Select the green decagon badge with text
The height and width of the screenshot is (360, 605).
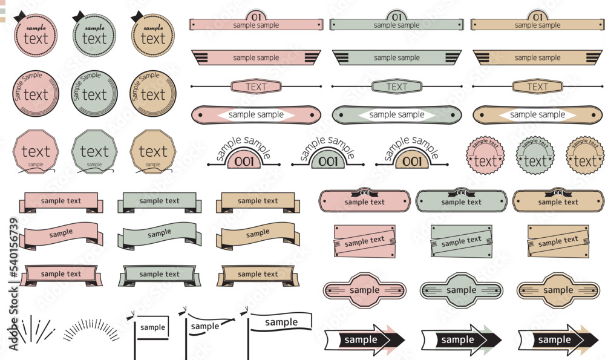(x=94, y=152)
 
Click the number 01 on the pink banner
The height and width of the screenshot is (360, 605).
(x=256, y=16)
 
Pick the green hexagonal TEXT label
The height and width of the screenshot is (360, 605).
(x=397, y=87)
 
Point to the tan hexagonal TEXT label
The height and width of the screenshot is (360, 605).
(x=537, y=87)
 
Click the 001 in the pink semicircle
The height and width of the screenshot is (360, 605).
(x=244, y=161)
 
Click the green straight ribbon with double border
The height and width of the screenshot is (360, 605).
(x=160, y=274)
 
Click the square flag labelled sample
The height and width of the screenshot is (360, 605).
(x=152, y=327)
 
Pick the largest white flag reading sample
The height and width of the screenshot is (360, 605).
(x=282, y=322)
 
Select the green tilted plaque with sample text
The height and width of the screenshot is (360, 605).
(x=461, y=241)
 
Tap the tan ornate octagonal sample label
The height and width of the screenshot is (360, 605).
(x=558, y=290)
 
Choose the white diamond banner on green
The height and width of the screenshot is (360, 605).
(x=397, y=114)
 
